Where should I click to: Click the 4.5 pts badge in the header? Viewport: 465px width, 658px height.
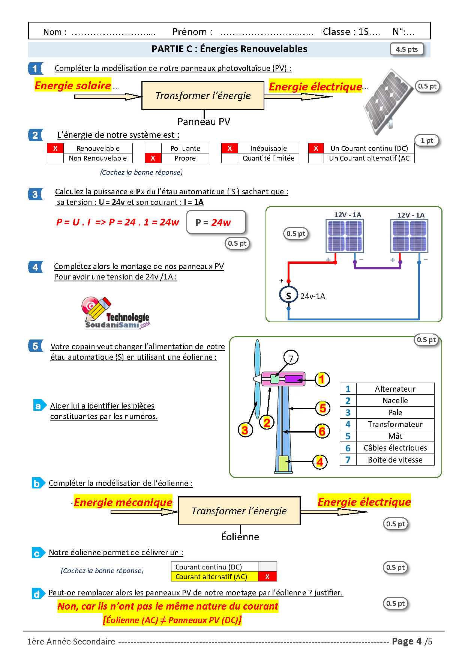[407, 49]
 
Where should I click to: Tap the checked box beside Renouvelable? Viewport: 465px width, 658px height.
[55, 148]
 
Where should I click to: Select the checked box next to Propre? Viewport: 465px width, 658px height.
[153, 158]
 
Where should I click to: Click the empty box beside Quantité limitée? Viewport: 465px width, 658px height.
[229, 158]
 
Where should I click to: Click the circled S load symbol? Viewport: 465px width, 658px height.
[288, 295]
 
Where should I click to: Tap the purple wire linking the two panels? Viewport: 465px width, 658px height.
[377, 268]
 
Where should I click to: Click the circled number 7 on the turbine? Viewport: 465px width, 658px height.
[291, 358]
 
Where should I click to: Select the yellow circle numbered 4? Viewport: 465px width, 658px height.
[320, 462]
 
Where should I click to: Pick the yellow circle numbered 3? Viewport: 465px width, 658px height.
[245, 430]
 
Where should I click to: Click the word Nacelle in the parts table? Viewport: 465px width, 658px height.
[395, 401]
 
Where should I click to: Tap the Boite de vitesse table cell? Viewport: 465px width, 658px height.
[395, 460]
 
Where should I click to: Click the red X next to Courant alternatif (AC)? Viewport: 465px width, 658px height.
[267, 577]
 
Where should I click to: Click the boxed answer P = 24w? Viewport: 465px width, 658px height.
[216, 222]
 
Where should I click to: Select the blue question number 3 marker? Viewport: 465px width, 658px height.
[35, 194]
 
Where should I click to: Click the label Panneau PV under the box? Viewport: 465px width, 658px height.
[204, 122]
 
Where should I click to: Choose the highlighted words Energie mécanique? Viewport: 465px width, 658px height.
[123, 502]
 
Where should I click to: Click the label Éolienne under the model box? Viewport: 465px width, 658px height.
[240, 537]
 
